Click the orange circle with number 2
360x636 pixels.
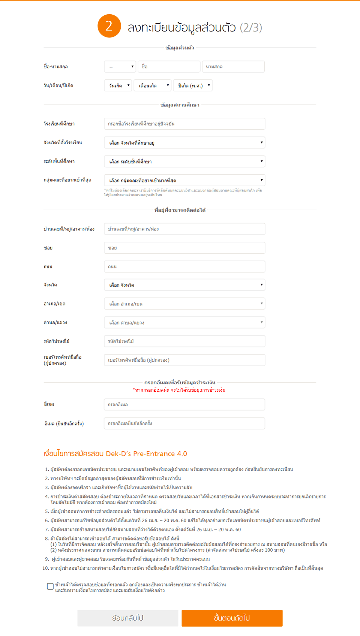(109, 26)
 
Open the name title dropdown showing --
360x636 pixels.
(120, 67)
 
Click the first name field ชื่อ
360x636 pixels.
(169, 67)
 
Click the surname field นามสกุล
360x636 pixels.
(233, 67)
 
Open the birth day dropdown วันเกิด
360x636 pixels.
(118, 85)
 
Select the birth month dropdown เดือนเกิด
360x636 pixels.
(153, 85)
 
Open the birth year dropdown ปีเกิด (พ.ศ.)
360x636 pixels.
(193, 85)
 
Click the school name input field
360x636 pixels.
(184, 124)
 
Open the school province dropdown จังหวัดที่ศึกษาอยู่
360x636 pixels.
(184, 142)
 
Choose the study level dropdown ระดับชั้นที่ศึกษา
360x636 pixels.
(184, 162)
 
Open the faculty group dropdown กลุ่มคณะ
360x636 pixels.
(184, 180)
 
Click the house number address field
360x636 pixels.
(184, 229)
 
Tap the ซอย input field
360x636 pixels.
(184, 248)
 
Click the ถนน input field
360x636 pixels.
(184, 266)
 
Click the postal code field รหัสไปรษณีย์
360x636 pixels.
(184, 341)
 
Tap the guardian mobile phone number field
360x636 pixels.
(184, 360)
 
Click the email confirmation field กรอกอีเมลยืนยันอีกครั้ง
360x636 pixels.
(184, 423)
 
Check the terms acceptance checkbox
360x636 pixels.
(50, 586)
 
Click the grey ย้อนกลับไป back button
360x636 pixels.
(128, 618)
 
